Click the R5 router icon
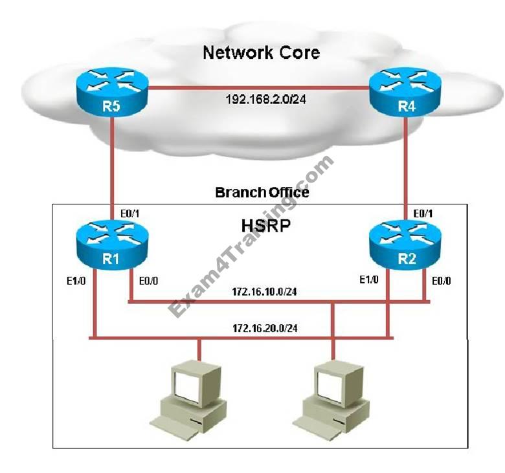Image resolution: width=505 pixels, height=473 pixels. (112, 91)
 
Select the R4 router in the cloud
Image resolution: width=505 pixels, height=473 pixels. (405, 91)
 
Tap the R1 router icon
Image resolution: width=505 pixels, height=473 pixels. (112, 244)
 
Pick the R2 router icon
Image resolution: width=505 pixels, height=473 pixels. (405, 244)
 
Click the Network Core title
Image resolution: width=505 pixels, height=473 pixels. (261, 52)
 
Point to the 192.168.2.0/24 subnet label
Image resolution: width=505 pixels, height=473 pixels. (265, 99)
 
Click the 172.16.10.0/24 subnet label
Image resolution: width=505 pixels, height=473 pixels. (264, 291)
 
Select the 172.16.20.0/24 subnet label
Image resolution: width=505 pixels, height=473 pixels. (265, 328)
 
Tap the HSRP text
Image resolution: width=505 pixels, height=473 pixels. (266, 225)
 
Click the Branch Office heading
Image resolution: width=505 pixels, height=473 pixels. (262, 192)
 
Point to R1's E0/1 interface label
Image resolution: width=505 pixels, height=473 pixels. (129, 213)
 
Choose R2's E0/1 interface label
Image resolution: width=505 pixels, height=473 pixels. (423, 213)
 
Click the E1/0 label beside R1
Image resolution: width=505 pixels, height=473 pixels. (76, 281)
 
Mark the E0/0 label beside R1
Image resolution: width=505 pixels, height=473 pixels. (148, 281)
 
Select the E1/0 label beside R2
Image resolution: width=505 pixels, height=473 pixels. (369, 280)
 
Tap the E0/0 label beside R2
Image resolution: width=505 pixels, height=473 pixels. (442, 281)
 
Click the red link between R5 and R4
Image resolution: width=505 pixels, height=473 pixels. (258, 87)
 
